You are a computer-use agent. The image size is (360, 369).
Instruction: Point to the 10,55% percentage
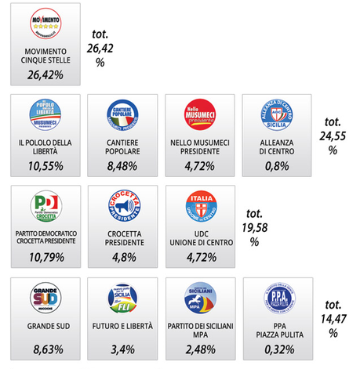[45, 166]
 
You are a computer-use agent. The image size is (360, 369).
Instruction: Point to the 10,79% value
[45, 256]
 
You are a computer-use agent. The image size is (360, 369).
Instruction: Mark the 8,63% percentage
[45, 347]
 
